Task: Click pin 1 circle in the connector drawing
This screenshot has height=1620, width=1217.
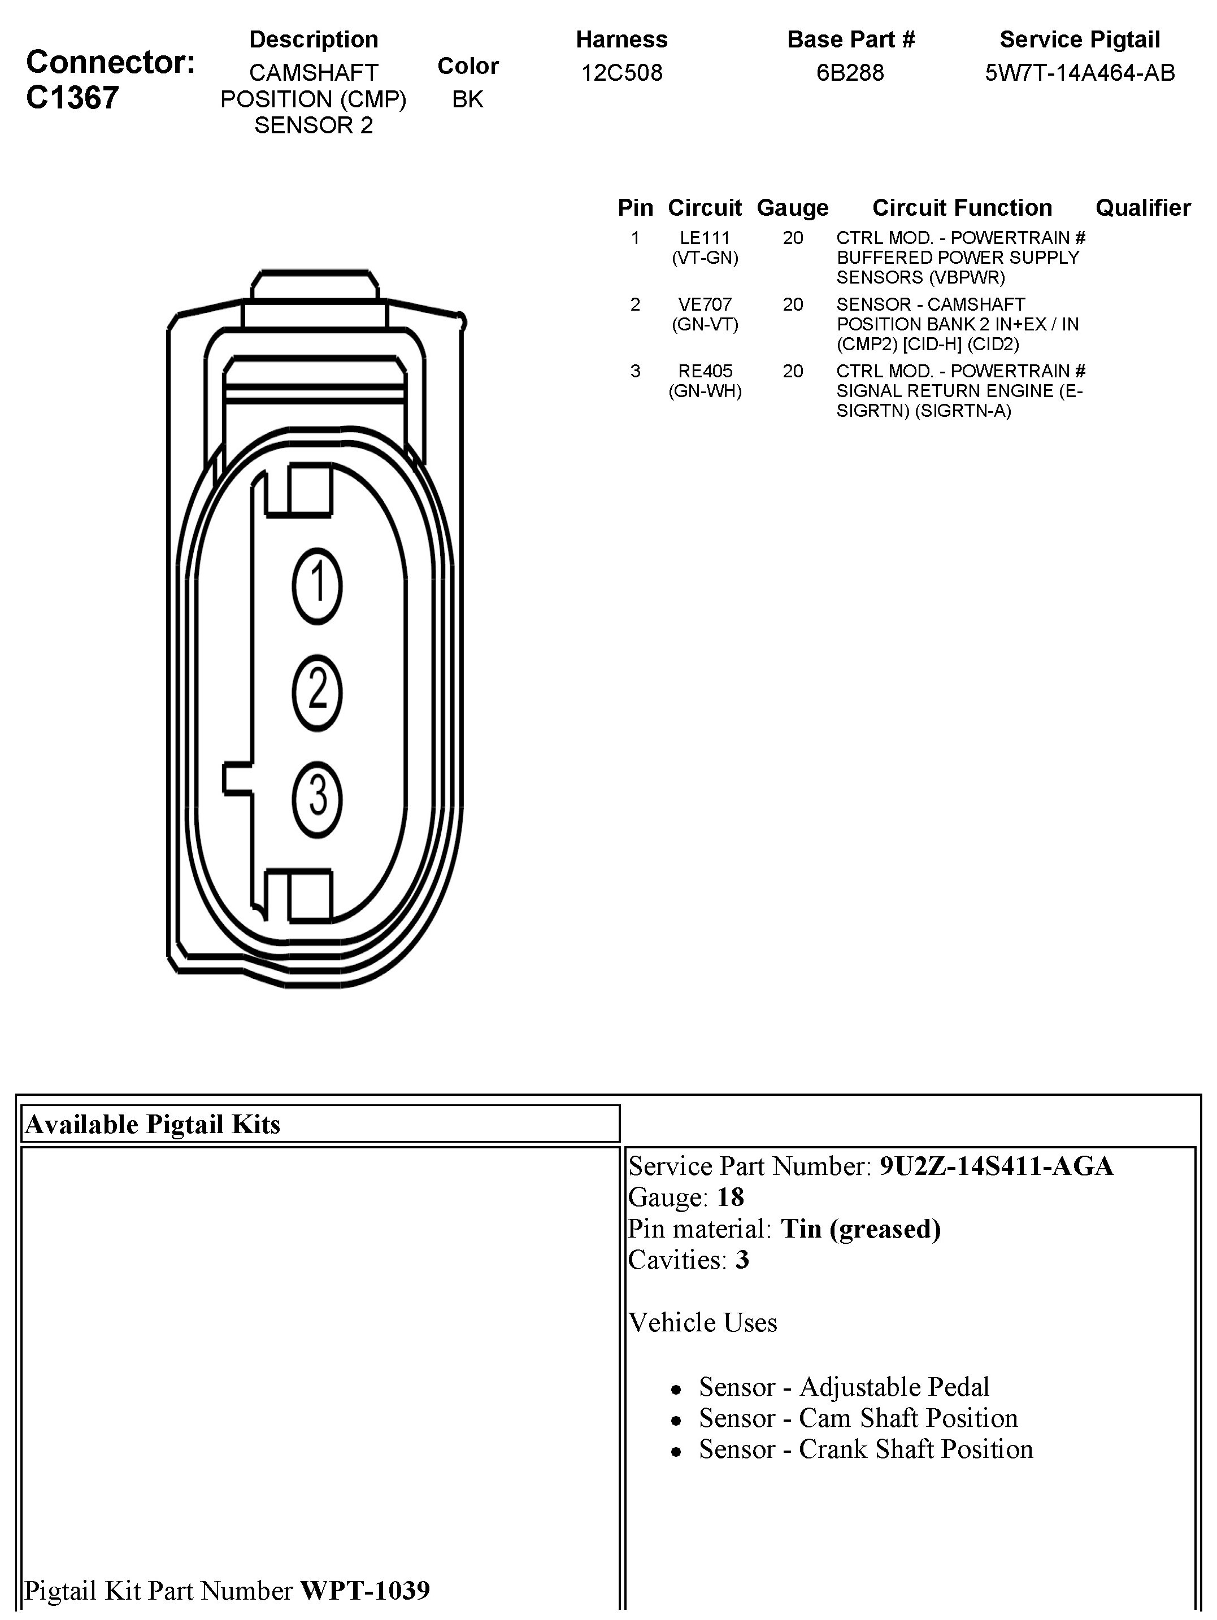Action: click(318, 586)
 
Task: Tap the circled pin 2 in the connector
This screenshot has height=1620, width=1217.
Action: click(318, 692)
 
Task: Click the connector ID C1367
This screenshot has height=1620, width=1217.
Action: click(72, 97)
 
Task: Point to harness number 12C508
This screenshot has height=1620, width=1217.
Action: click(621, 72)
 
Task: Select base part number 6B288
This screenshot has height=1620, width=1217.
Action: click(850, 72)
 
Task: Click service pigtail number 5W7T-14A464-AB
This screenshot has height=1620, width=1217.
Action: click(1079, 72)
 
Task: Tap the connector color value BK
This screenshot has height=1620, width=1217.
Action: click(467, 99)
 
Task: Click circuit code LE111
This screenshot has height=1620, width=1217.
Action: click(705, 238)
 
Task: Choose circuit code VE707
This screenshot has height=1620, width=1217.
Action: click(705, 304)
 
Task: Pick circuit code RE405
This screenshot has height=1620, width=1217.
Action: click(705, 371)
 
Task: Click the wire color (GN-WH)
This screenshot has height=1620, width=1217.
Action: click(705, 391)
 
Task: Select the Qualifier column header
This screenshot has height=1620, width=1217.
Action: click(1142, 208)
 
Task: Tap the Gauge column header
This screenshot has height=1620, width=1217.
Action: click(792, 208)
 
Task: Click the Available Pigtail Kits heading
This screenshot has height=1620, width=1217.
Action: click(153, 1124)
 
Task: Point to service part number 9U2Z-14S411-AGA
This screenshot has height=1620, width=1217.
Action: click(996, 1166)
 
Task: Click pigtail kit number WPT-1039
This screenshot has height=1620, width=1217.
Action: click(365, 1589)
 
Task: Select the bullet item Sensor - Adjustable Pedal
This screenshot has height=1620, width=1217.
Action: click(844, 1386)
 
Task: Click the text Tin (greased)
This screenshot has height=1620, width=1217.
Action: click(860, 1228)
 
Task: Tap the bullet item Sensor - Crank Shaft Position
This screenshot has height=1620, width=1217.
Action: click(866, 1449)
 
